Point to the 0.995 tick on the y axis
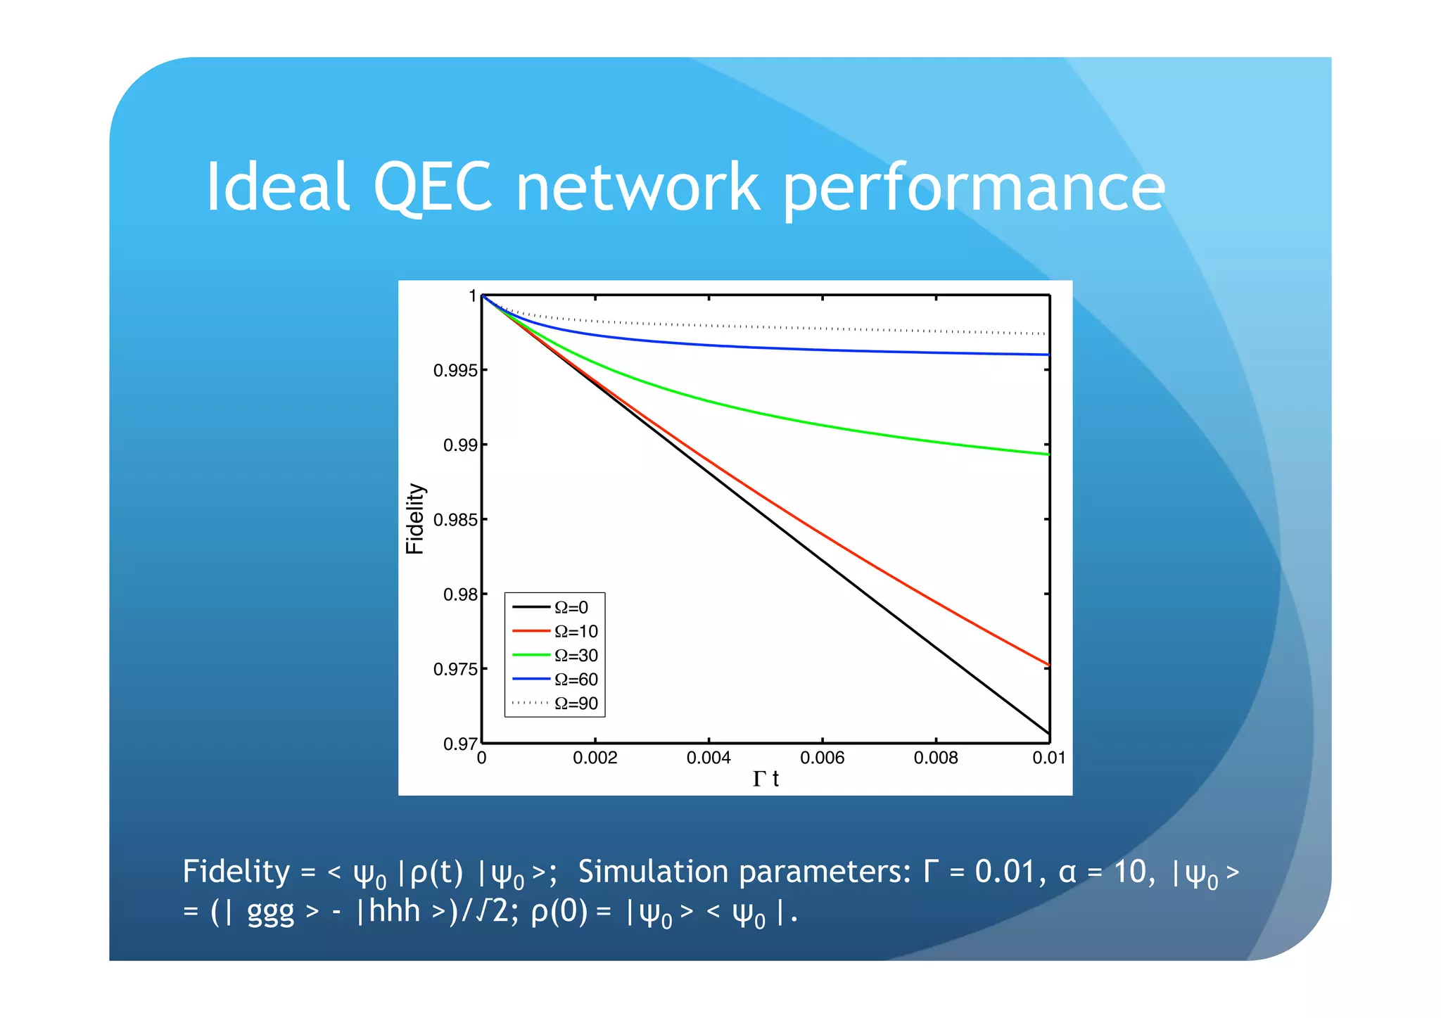[x=455, y=371]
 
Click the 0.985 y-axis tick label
[x=455, y=520]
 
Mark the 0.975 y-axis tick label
[x=455, y=669]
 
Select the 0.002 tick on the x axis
[x=595, y=758]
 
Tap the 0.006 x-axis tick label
[x=822, y=758]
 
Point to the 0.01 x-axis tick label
[x=1048, y=758]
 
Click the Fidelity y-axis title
[x=415, y=518]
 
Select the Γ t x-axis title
[x=766, y=779]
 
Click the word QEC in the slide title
[x=433, y=186]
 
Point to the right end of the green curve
[x=1048, y=454]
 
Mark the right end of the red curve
[x=1048, y=664]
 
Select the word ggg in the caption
[x=270, y=912]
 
